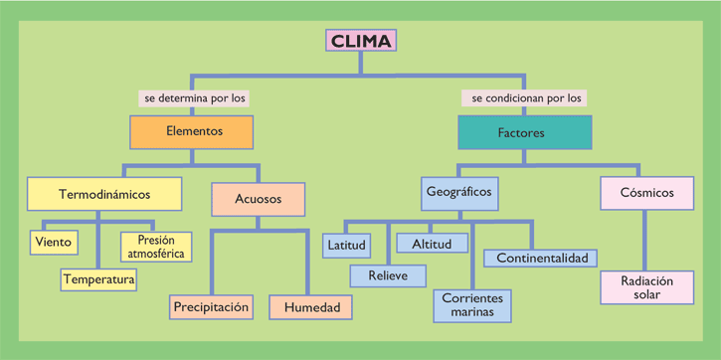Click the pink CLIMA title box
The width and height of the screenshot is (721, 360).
tap(361, 41)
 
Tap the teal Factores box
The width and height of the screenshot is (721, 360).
tap(523, 132)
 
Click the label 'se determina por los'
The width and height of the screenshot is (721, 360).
tap(195, 98)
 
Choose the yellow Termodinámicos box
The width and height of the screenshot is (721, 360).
tap(104, 193)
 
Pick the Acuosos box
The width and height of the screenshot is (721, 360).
tap(258, 199)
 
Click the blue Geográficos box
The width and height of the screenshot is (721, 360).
tap(458, 192)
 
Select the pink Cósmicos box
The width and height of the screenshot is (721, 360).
tap(646, 192)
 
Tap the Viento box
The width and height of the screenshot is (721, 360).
tap(54, 242)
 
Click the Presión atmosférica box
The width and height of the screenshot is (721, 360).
tap(156, 246)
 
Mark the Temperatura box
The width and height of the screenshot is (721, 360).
tap(98, 279)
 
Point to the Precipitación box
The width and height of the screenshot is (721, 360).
tap(211, 307)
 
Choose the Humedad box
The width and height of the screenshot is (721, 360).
tap(311, 307)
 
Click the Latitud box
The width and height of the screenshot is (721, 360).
tap(346, 245)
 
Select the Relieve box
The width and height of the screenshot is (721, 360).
tap(388, 275)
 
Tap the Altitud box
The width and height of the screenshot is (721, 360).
tap(432, 244)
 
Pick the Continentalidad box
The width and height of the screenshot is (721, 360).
tap(541, 258)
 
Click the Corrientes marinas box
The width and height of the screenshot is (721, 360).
tap(472, 305)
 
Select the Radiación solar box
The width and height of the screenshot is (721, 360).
tap(646, 287)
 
